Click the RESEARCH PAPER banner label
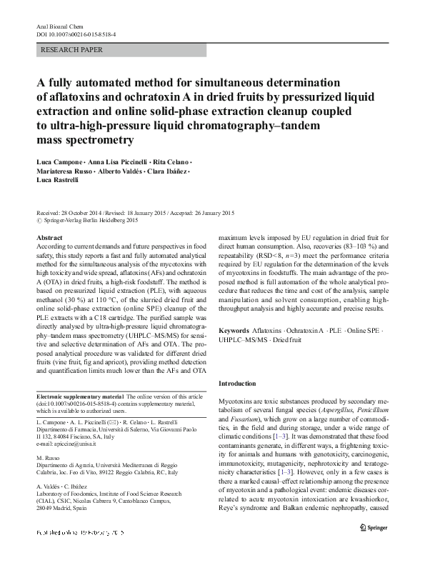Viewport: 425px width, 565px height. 73,50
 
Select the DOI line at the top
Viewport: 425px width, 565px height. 77,33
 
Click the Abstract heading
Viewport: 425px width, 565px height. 49,236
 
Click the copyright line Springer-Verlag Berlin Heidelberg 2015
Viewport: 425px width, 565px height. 91,221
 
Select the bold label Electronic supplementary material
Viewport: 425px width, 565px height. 79,396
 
